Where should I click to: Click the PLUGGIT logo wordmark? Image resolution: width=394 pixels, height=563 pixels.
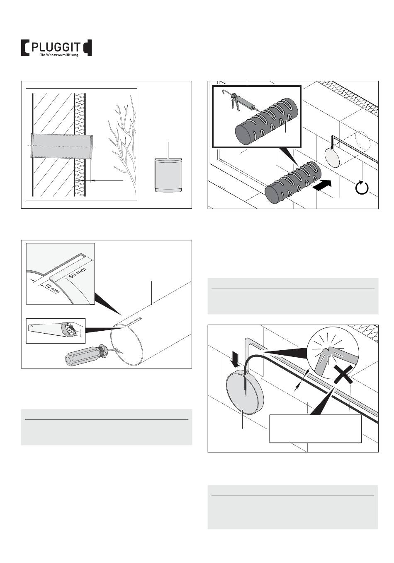point(56,47)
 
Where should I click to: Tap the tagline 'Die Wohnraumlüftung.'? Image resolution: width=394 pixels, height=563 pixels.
point(59,55)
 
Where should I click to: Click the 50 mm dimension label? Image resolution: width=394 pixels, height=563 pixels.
point(78,273)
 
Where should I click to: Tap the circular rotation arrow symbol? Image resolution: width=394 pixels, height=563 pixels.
point(362,187)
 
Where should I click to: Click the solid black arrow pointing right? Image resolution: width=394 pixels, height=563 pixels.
point(321,186)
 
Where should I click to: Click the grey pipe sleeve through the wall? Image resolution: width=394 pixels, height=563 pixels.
point(62,146)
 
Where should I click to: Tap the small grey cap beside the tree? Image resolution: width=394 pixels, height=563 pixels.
point(168,175)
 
